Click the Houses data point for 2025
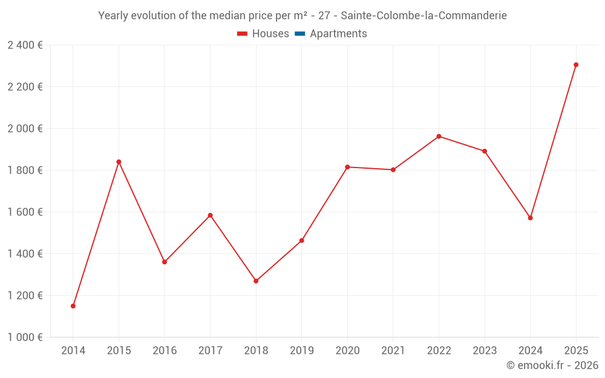pos(576,65)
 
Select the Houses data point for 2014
pos(73,306)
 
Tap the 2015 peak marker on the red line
pos(119,161)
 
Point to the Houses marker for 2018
pos(256,281)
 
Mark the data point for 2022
pos(439,136)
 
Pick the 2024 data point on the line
pos(531,218)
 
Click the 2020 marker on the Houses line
pos(347,167)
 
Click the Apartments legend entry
pos(338,34)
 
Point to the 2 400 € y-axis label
pos(25,45)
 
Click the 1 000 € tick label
pos(25,337)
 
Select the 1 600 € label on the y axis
pos(25,212)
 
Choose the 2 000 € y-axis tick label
pos(25,129)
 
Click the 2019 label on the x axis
pos(302,351)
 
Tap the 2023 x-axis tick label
pos(485,351)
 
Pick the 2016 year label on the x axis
pos(165,351)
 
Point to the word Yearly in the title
pos(113,16)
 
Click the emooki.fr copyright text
pos(552,365)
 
